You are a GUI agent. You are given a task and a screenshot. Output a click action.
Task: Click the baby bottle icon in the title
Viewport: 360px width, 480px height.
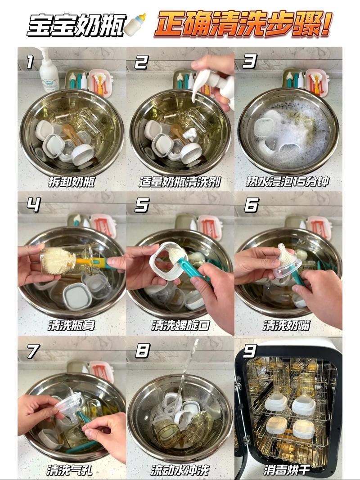(x=135, y=24)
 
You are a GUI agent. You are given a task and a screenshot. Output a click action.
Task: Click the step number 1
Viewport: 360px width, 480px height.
(x=30, y=62)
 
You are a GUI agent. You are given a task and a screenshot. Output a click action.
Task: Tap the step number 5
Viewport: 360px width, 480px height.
(x=142, y=205)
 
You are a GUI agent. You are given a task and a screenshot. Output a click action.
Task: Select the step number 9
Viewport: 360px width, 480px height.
(x=249, y=351)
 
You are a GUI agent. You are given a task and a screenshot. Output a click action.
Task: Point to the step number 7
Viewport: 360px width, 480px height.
(x=33, y=351)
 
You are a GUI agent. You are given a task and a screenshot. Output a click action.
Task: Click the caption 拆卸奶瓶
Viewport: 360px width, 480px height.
(x=72, y=182)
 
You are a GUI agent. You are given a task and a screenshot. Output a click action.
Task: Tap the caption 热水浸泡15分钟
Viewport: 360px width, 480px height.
(x=288, y=182)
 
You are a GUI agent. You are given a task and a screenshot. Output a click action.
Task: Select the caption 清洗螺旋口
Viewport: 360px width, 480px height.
(x=180, y=325)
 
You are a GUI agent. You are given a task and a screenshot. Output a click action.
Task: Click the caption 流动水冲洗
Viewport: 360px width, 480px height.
(x=180, y=470)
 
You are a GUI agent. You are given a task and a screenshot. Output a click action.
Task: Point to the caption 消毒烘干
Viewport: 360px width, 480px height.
(x=287, y=470)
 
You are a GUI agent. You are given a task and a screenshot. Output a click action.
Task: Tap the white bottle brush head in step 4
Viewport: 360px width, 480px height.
(x=58, y=261)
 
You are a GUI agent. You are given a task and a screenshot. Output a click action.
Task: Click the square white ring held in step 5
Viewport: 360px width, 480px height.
(x=165, y=263)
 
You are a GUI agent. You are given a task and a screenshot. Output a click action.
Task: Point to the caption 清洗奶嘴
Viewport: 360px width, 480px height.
(x=287, y=325)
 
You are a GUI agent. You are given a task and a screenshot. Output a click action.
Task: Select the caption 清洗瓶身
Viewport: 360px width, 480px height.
(x=72, y=325)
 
